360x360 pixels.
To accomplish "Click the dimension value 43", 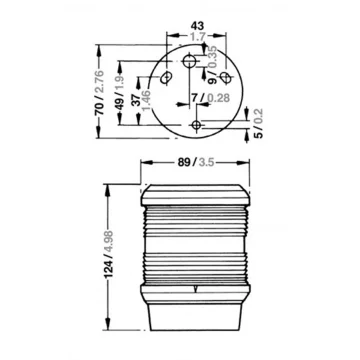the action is pos(197,26).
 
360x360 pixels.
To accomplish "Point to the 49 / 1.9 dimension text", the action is pos(120,93).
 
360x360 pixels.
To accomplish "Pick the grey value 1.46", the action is pos(146,100).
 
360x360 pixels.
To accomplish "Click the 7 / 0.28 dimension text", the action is pos(211,98).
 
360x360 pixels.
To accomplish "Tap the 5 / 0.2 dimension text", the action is pos(259,123).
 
